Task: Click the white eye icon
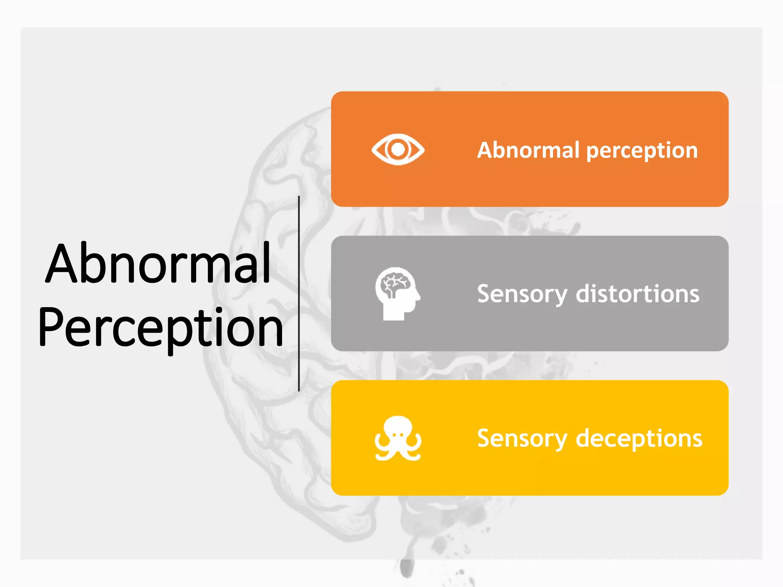(398, 149)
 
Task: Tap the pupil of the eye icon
(398, 149)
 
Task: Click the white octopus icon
(398, 438)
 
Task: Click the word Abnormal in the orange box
(528, 150)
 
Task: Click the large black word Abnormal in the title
(158, 263)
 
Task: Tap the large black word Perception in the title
(161, 328)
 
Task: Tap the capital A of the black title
(61, 263)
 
